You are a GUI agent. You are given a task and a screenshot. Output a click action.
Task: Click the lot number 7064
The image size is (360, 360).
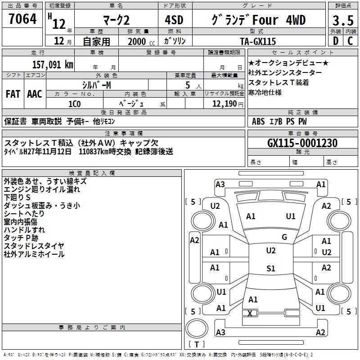pos(22,19)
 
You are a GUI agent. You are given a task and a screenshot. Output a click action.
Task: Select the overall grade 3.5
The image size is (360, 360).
pos(343,21)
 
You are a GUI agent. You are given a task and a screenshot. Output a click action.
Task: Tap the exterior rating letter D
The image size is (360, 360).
pos(336,41)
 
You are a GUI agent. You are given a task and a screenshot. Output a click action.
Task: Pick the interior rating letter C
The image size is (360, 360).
pos(350,41)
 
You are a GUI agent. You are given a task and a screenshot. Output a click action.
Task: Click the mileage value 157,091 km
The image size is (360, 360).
pos(53,65)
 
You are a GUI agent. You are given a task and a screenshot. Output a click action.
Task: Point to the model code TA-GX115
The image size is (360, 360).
pos(258,41)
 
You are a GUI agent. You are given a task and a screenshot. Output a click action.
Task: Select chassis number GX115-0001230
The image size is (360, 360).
pos(302,143)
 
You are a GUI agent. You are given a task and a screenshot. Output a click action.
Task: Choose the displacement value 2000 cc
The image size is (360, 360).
pos(141,41)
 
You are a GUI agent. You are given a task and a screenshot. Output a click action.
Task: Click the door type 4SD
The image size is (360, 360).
pos(174,20)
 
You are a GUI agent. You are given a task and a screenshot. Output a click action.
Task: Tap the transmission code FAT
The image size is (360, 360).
pos(13,94)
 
